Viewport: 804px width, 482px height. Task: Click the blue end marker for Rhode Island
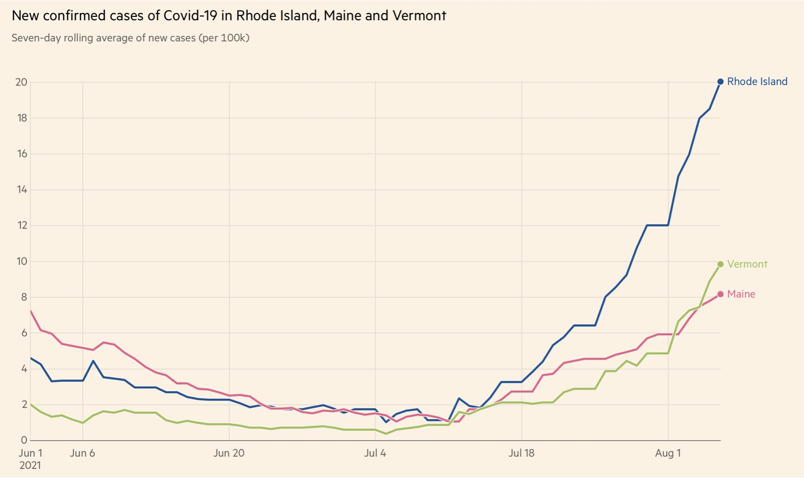click(720, 82)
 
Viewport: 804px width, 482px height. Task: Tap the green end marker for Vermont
click(720, 264)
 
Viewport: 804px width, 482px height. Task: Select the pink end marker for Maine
click(720, 294)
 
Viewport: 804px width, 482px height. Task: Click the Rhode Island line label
click(757, 82)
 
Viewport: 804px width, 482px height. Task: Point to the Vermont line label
click(747, 264)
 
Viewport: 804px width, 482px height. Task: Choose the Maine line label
click(741, 294)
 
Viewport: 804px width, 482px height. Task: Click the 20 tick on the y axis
click(21, 82)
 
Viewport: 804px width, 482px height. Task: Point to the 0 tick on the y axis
click(23, 440)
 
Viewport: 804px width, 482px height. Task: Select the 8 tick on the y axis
click(23, 297)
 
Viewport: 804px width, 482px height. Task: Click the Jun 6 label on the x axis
click(82, 453)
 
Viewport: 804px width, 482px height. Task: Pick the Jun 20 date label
click(229, 453)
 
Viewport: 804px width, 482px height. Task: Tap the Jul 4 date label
click(375, 453)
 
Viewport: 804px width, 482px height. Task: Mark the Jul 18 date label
click(521, 453)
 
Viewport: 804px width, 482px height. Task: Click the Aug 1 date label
click(668, 453)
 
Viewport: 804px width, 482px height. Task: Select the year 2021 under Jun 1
click(30, 466)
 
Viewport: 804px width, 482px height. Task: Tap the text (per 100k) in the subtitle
click(224, 38)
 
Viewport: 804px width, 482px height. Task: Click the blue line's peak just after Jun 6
click(93, 361)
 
